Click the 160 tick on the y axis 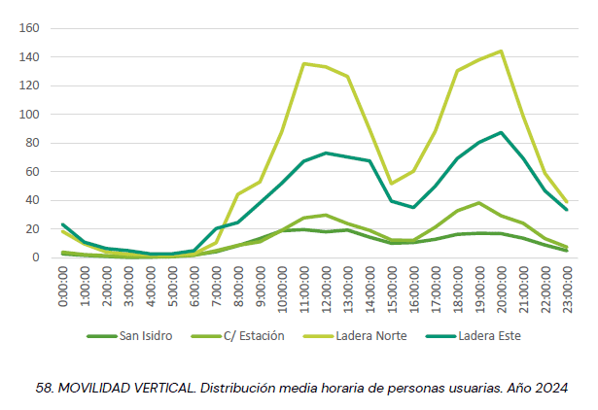29,28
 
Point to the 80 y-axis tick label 32,143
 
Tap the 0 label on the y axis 36,257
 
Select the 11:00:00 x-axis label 304,290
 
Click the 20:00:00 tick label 502,290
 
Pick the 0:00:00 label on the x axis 63,287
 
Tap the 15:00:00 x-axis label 392,290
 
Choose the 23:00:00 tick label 568,290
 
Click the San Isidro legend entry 129,336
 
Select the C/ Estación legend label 238,336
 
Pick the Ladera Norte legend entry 356,336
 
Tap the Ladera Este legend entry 474,336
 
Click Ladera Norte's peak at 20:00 501,51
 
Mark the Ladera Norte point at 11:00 303,63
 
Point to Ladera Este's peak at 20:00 501,132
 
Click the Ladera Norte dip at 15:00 391,184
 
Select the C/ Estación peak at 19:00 479,203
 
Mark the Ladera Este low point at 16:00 413,208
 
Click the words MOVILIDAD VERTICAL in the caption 127,389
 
